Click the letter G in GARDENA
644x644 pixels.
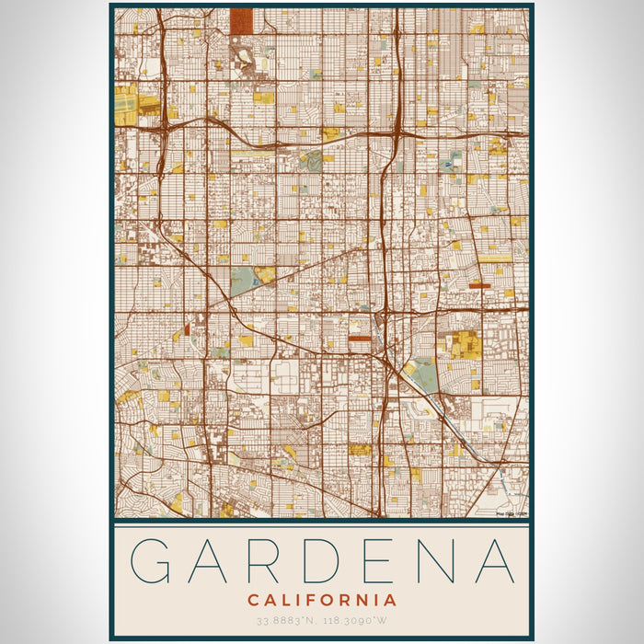pos(154,561)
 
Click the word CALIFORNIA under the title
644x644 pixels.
pos(322,600)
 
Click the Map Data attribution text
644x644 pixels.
pos(512,513)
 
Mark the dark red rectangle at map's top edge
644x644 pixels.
pos(242,20)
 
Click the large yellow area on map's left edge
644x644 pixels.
pos(126,104)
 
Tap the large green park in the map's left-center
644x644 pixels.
pos(243,282)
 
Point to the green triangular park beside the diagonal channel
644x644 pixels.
pos(422,375)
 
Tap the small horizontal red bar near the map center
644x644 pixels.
pos(360,339)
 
